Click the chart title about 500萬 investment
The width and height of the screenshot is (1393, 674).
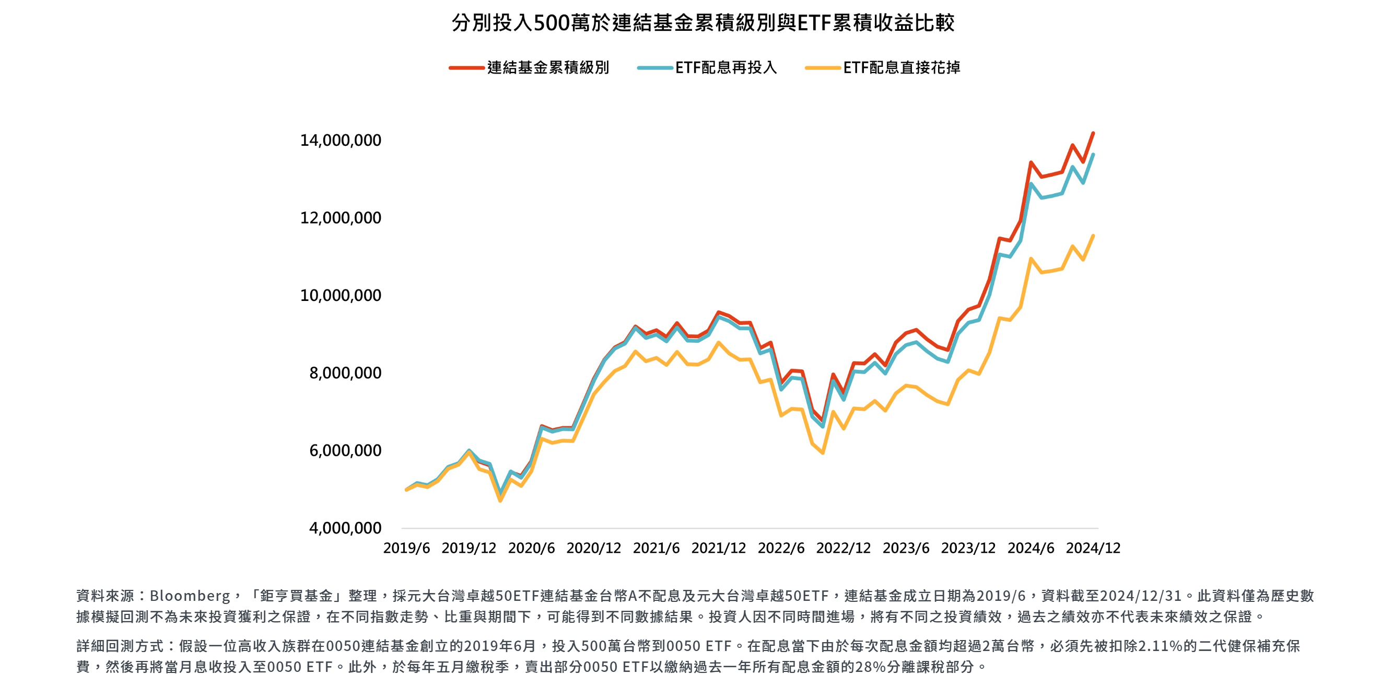pyautogui.click(x=703, y=22)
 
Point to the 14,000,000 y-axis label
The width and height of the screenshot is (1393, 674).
pyautogui.click(x=341, y=140)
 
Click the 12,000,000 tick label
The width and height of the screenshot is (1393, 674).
pyautogui.click(x=341, y=217)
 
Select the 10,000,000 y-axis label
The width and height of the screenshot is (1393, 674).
pyautogui.click(x=341, y=295)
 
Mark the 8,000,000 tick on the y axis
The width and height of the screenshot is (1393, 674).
pyautogui.click(x=345, y=373)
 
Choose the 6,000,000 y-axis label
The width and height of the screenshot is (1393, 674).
pyautogui.click(x=345, y=450)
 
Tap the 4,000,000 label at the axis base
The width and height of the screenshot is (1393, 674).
pyautogui.click(x=345, y=528)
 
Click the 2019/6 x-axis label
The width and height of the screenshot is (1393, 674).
pyautogui.click(x=407, y=548)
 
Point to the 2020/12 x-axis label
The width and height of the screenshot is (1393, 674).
pyautogui.click(x=594, y=548)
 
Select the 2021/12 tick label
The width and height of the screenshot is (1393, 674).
pyautogui.click(x=719, y=548)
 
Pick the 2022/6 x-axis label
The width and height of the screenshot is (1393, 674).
pyautogui.click(x=781, y=548)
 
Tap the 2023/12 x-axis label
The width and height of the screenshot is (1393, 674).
pyautogui.click(x=968, y=548)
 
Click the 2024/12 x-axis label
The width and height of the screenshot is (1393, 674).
pyautogui.click(x=1093, y=548)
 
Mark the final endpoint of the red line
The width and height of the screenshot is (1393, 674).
pyautogui.click(x=1093, y=133)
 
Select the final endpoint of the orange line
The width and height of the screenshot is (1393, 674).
pyautogui.click(x=1093, y=236)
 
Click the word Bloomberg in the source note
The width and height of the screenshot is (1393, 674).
pyautogui.click(x=190, y=596)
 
